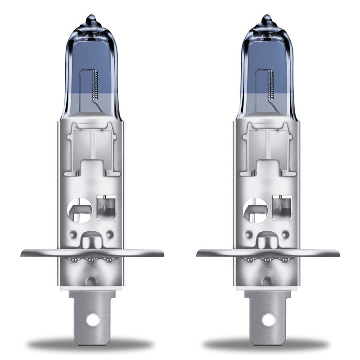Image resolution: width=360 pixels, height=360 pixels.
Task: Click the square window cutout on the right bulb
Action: [282, 205]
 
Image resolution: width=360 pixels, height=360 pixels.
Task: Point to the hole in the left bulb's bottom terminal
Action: [93, 320]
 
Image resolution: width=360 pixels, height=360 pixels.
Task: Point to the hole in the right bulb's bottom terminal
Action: [268, 320]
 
